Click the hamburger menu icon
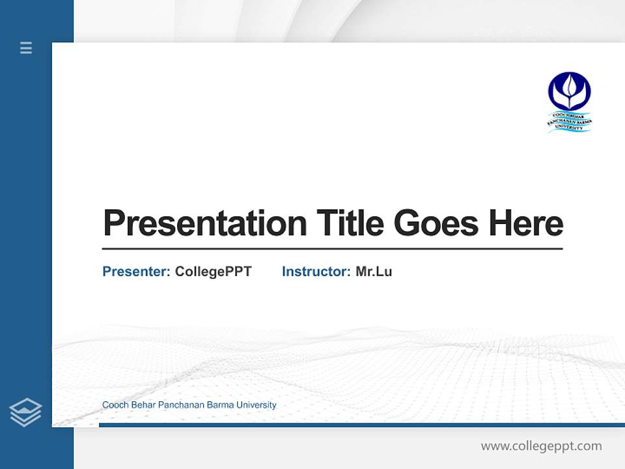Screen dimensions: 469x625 point(26,48)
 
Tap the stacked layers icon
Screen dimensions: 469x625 point(25,412)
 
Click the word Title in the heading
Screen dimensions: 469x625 point(350,223)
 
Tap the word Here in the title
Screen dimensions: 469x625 point(525,223)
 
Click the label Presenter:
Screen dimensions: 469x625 point(136,272)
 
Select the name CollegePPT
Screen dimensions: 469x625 point(213,272)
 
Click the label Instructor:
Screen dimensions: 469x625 point(316,272)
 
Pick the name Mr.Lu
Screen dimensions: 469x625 point(374,272)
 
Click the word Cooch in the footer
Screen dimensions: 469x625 point(115,405)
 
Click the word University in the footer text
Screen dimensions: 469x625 point(257,405)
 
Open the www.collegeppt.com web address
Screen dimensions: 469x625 point(541,446)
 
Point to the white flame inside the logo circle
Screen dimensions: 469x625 point(570,89)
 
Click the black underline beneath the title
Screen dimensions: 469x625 point(332,248)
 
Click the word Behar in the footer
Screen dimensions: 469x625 point(143,405)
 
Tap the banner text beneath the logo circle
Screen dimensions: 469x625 point(570,122)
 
